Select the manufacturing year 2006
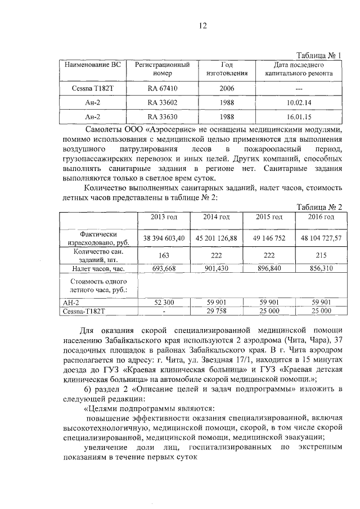(x=227, y=88)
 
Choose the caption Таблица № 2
(x=319, y=206)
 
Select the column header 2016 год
(x=321, y=217)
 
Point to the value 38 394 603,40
(x=164, y=238)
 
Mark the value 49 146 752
(x=270, y=238)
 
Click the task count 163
(x=164, y=256)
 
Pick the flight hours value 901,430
(x=217, y=269)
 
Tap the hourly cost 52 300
(x=164, y=302)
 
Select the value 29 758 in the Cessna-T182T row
(x=217, y=310)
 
